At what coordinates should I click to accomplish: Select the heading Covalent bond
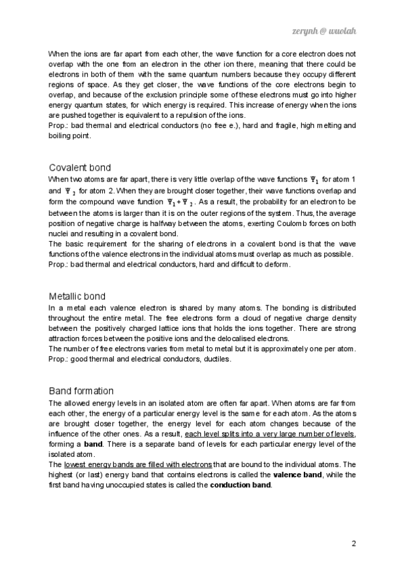(x=80, y=167)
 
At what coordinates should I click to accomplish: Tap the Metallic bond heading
(x=77, y=296)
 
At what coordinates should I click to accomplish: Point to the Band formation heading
(x=81, y=391)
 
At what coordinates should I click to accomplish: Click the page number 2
(x=354, y=544)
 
